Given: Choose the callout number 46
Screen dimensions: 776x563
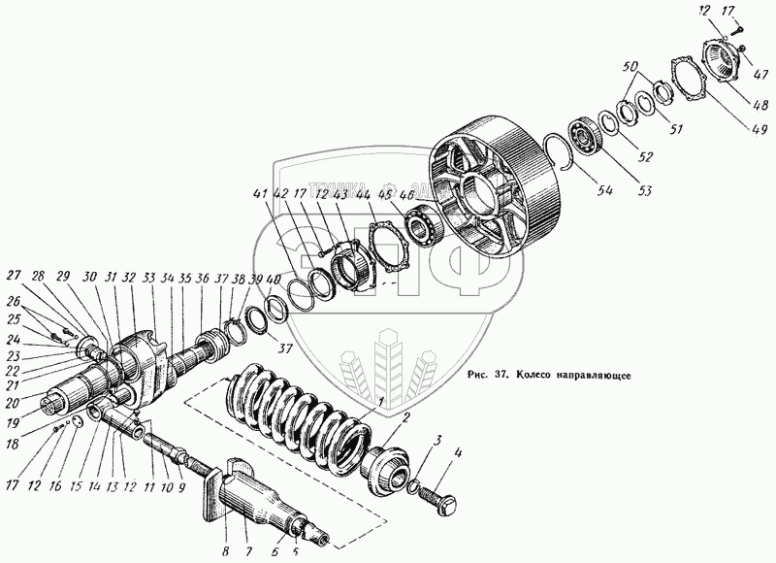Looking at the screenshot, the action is (x=407, y=196).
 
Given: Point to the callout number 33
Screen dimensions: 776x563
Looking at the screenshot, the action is (x=147, y=277).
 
